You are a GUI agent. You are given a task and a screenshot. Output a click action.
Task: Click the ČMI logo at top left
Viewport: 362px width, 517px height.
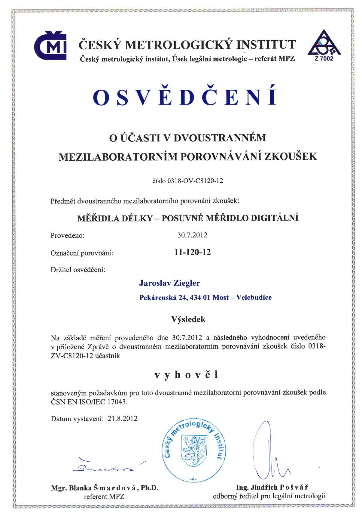click(50, 45)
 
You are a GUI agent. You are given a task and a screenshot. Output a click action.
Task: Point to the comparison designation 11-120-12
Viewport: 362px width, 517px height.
click(193, 252)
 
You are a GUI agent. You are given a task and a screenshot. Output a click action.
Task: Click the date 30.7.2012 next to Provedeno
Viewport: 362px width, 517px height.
click(192, 235)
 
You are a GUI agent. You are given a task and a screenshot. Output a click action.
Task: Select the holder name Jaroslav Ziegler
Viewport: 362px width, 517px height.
click(169, 283)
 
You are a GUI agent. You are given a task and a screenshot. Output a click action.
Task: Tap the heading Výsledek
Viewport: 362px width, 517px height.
click(188, 319)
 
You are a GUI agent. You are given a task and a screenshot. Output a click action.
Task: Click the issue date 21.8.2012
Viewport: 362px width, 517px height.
click(122, 419)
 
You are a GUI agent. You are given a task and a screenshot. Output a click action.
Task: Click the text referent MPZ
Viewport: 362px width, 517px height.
click(104, 497)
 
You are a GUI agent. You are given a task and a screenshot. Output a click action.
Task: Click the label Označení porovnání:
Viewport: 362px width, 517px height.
click(82, 253)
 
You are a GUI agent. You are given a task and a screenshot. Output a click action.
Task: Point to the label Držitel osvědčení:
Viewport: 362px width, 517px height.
click(78, 269)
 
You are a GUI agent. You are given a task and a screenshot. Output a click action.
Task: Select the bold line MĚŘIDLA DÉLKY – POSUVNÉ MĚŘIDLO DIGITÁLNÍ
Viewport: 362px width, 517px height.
click(188, 218)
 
